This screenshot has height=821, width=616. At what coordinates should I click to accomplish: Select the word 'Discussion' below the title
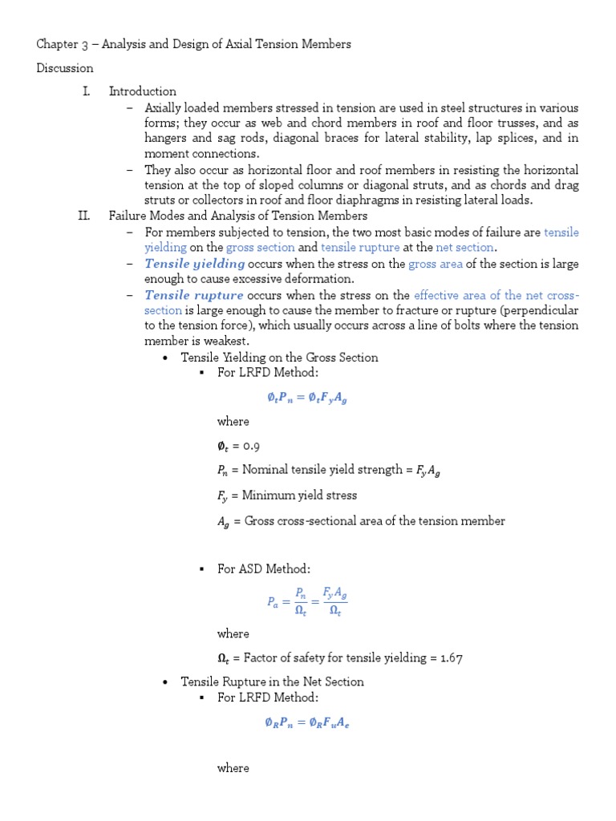point(65,68)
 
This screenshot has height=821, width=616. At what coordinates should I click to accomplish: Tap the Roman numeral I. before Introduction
point(86,91)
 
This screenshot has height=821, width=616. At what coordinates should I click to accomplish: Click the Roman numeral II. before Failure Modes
point(84,216)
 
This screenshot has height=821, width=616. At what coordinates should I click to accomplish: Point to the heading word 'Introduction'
point(143,91)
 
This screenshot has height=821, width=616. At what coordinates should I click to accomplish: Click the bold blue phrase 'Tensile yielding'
point(195,264)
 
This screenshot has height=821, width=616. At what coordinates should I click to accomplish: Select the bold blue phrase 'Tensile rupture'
point(194,295)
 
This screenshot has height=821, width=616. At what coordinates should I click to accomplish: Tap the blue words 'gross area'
point(436,264)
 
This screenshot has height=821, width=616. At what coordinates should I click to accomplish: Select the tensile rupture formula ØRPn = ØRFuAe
point(307,722)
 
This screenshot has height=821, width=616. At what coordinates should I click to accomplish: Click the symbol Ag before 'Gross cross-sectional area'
point(224,522)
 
